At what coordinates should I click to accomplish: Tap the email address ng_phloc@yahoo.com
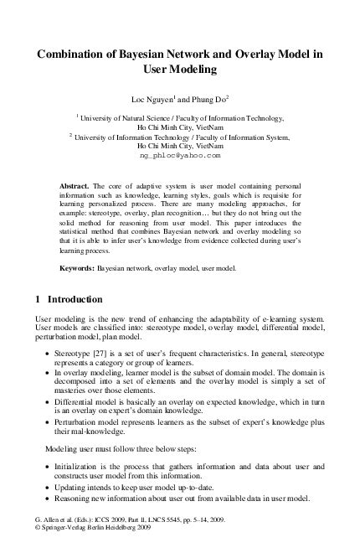pyautogui.click(x=180, y=155)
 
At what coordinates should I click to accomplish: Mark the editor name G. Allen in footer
pyautogui.click(x=46, y=531)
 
